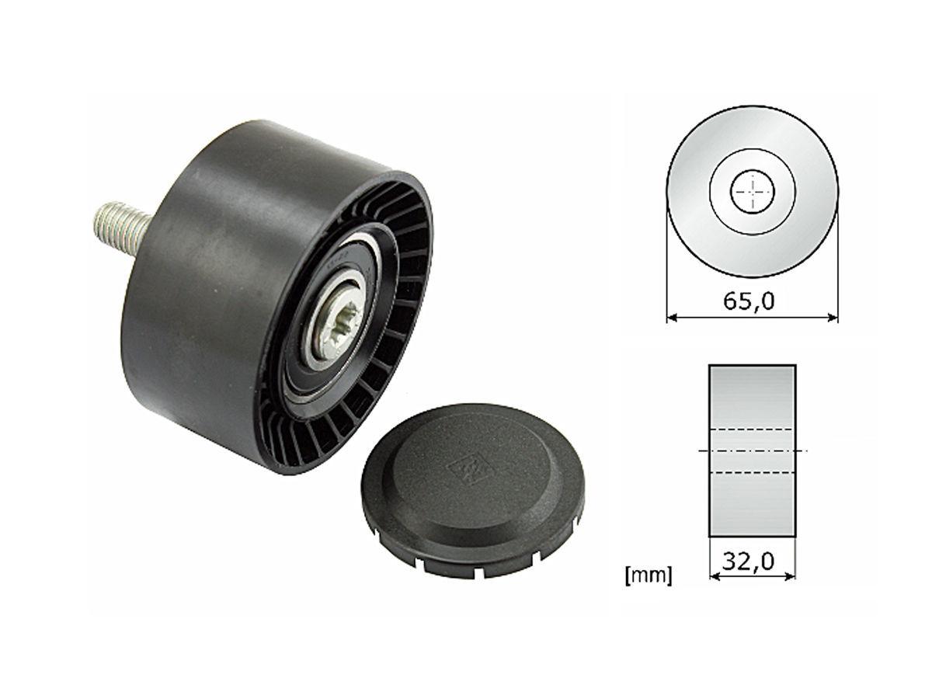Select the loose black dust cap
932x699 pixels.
[472, 490]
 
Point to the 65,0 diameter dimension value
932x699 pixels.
[749, 301]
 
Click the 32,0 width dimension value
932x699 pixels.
[748, 562]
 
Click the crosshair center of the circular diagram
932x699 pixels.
[753, 191]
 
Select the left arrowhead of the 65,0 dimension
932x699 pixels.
[672, 317]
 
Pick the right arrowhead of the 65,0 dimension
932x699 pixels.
[833, 317]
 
